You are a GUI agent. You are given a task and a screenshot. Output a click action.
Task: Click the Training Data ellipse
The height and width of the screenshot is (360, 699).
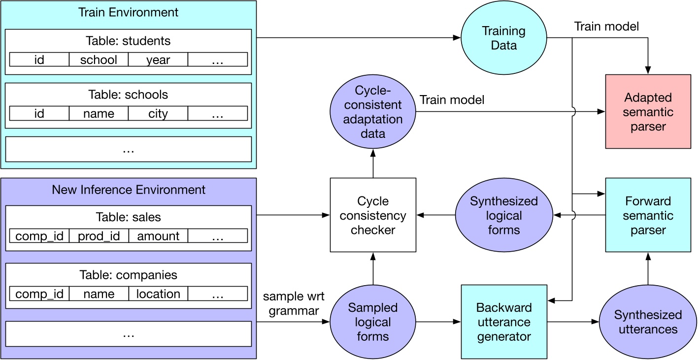pos(503,38)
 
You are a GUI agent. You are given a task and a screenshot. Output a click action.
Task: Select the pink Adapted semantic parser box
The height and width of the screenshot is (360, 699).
pos(648,111)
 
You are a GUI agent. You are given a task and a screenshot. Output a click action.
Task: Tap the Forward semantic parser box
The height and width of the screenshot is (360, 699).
pos(648,215)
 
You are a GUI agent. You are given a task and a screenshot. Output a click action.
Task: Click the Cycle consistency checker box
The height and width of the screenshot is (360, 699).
pos(373,215)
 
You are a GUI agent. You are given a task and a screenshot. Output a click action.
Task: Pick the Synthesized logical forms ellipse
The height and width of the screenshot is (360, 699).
pos(503,215)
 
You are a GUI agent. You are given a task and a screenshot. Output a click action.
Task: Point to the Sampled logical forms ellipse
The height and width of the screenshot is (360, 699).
pos(373,322)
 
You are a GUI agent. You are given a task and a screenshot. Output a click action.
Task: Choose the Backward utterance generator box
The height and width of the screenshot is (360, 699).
pos(503,322)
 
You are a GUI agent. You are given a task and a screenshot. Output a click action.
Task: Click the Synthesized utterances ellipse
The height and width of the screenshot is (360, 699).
pos(648,322)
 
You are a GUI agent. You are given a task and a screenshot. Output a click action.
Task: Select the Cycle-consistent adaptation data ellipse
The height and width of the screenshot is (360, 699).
pos(373,111)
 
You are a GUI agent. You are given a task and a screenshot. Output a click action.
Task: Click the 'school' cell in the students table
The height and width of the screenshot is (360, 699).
pos(99,60)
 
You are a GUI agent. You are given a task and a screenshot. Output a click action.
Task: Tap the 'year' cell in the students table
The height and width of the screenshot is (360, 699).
pos(158,60)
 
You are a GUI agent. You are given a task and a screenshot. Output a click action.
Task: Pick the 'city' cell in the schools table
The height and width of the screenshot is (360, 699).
pos(158,114)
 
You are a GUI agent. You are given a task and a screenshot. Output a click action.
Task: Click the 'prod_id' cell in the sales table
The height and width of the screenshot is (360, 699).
pos(99,236)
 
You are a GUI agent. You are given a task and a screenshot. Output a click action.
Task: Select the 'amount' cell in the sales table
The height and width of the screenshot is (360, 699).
pos(158,236)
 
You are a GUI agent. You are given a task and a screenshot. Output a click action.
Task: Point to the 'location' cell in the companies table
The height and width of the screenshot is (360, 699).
pos(158,294)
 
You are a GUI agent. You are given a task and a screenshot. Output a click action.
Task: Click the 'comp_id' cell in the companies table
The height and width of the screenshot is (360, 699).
pos(39,294)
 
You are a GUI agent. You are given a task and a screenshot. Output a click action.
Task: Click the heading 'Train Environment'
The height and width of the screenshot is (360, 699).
pos(128,12)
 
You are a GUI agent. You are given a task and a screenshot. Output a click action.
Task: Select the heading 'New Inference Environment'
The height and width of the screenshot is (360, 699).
pos(128,189)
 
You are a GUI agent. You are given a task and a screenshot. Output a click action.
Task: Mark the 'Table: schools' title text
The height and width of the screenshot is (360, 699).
pos(128,94)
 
